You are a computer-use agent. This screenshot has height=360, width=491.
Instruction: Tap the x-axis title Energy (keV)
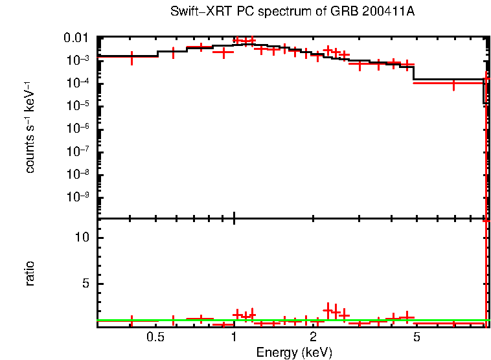click(294, 352)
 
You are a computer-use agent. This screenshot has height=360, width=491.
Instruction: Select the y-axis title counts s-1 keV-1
click(30, 127)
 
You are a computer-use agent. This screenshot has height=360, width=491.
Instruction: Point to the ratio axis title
click(30, 274)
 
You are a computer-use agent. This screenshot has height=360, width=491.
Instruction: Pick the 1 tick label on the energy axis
click(234, 337)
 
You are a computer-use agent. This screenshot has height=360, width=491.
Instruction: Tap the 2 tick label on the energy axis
click(313, 337)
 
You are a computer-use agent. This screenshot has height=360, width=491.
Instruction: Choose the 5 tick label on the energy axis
click(417, 337)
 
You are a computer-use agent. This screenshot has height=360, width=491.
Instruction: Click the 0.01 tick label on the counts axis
click(78, 38)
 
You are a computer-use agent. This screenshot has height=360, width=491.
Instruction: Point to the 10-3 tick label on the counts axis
click(80, 60)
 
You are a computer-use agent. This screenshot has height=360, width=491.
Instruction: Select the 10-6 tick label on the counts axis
click(80, 128)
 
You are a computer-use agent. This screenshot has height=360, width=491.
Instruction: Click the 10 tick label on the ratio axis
click(83, 238)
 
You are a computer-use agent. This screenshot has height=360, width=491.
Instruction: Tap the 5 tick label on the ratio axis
click(86, 284)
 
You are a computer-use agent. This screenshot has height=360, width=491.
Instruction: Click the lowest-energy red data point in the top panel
click(132, 58)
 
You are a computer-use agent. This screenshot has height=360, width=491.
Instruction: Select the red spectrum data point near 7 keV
click(453, 84)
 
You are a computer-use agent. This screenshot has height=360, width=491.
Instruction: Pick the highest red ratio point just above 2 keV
click(328, 309)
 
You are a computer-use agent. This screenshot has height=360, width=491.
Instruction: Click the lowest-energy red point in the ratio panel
click(132, 321)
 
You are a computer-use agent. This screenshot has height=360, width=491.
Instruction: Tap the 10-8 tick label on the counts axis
click(80, 174)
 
